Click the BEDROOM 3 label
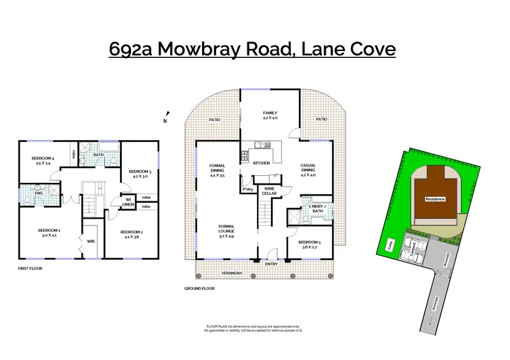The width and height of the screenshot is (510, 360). coord(140,174)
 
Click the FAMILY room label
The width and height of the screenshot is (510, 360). coord(270,115)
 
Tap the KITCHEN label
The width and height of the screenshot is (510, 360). coord(261,163)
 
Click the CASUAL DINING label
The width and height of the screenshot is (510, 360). coord(309,168)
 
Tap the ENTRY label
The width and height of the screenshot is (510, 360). coord(272,263)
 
